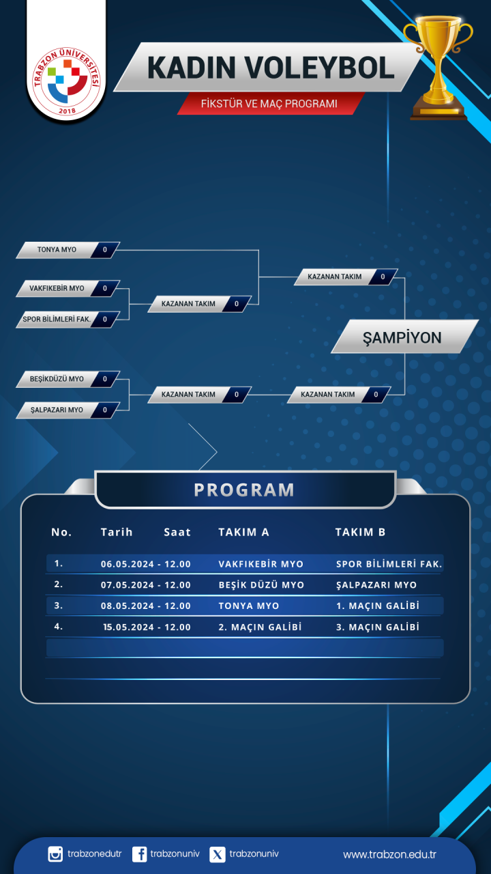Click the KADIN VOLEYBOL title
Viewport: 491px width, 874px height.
pyautogui.click(x=271, y=68)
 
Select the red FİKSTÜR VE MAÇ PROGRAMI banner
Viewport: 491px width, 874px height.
pyautogui.click(x=269, y=104)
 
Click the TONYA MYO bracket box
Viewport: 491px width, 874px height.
pyautogui.click(x=68, y=250)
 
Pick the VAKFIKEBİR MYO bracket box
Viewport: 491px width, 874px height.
pyautogui.click(x=68, y=289)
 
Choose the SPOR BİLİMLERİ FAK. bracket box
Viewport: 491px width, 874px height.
pyautogui.click(x=68, y=320)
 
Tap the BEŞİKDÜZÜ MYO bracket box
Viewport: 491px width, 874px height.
pyautogui.click(x=68, y=379)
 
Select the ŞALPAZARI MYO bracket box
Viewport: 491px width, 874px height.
pyautogui.click(x=68, y=410)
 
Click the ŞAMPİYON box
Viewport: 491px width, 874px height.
pyautogui.click(x=404, y=337)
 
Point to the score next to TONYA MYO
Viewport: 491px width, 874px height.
pyautogui.click(x=105, y=250)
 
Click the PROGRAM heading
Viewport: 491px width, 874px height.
pyautogui.click(x=244, y=490)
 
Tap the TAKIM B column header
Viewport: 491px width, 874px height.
pyautogui.click(x=361, y=532)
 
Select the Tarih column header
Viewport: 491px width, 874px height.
pyautogui.click(x=117, y=532)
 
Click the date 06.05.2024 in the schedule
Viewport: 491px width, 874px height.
pyautogui.click(x=128, y=564)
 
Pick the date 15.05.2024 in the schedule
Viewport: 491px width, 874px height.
pyautogui.click(x=129, y=628)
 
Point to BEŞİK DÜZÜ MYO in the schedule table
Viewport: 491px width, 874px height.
pyautogui.click(x=261, y=585)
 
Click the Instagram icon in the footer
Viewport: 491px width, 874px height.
pyautogui.click(x=55, y=854)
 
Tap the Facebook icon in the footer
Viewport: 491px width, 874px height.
pyautogui.click(x=140, y=854)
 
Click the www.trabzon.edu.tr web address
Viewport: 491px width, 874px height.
pyautogui.click(x=389, y=854)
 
